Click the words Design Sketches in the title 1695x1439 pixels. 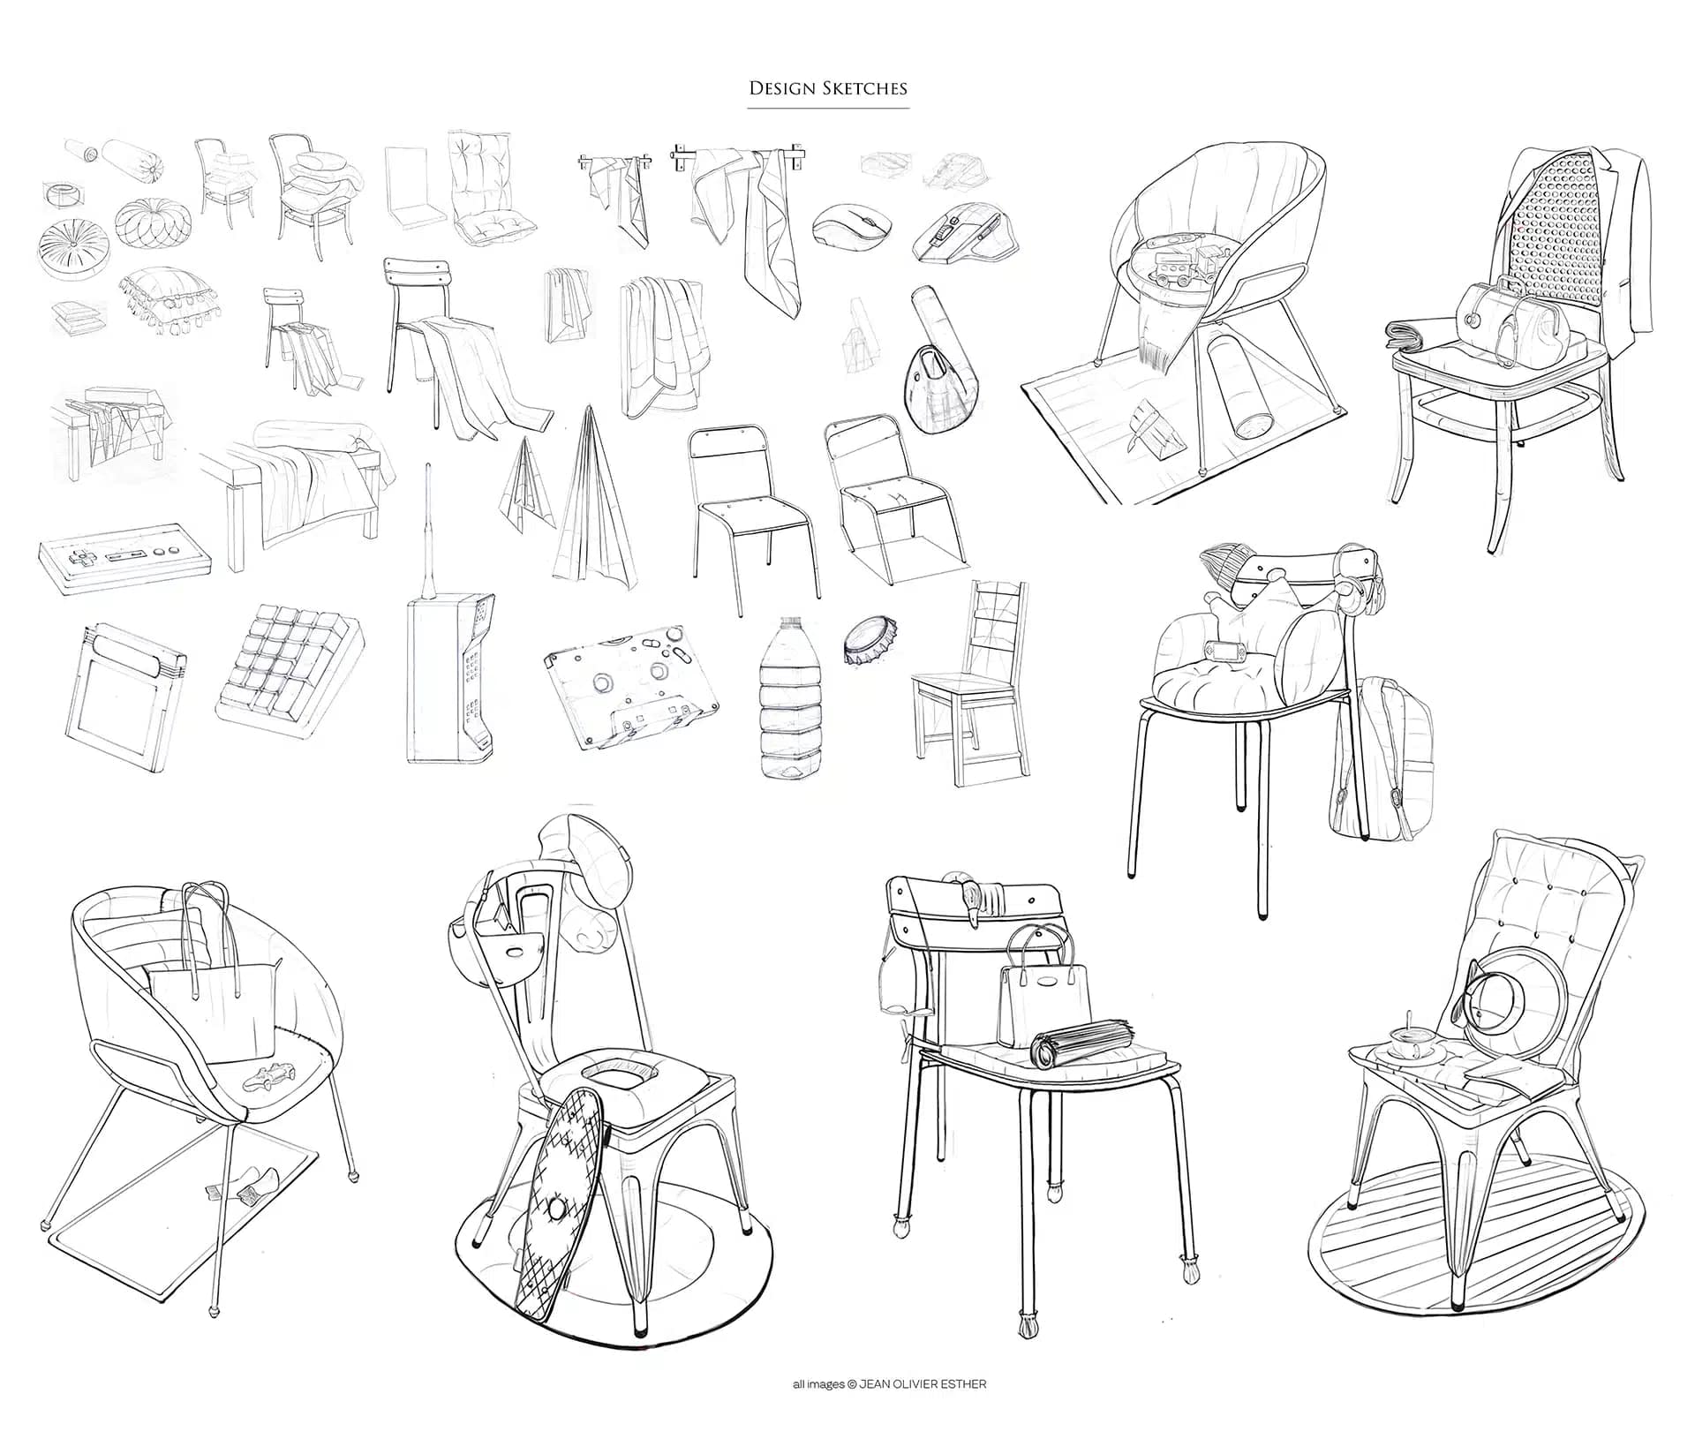827,88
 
